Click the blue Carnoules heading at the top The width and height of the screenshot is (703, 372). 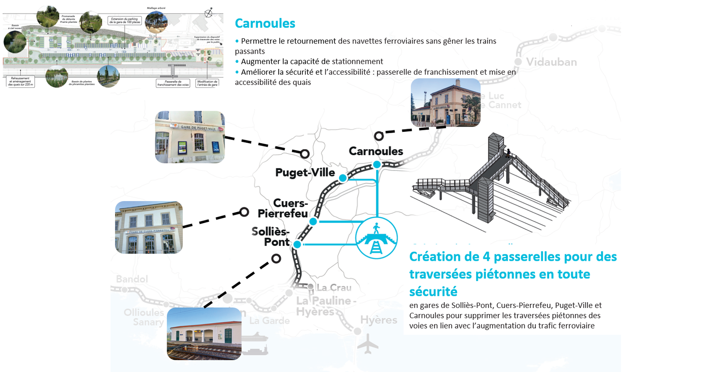click(265, 23)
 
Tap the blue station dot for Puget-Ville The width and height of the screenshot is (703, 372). click(343, 178)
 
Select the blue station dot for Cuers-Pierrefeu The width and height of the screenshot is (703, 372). click(313, 221)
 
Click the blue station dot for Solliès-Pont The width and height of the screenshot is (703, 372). click(297, 244)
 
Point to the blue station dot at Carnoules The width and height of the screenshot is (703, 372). click(377, 165)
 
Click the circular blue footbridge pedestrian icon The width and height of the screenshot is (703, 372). click(376, 238)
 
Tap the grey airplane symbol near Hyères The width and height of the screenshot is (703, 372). click(368, 344)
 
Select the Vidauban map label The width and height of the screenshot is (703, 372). click(551, 62)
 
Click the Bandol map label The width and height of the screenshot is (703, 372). click(132, 279)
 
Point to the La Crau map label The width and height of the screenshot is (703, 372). click(334, 288)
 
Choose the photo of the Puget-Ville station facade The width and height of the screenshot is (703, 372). click(190, 137)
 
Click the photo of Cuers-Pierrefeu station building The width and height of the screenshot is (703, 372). click(149, 228)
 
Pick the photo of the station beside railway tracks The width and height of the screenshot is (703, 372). click(204, 334)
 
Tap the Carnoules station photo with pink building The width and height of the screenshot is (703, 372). click(446, 103)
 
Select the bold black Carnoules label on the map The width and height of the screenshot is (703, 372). click(376, 151)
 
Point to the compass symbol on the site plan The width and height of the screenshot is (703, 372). click(209, 13)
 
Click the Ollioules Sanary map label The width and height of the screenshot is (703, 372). click(144, 317)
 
